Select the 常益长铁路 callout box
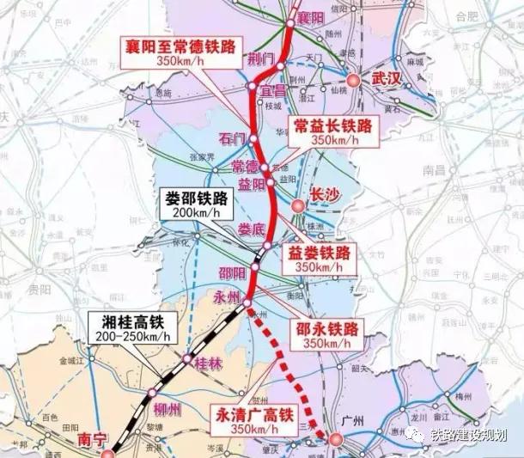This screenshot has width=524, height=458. [x=333, y=131]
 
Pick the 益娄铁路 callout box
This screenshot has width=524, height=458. [x=319, y=259]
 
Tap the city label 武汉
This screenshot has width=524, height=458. [x=387, y=78]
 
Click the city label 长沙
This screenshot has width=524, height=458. [x=325, y=195]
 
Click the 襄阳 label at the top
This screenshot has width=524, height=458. [x=310, y=18]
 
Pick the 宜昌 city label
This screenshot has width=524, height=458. [x=272, y=89]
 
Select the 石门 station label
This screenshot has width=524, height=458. [x=232, y=137]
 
